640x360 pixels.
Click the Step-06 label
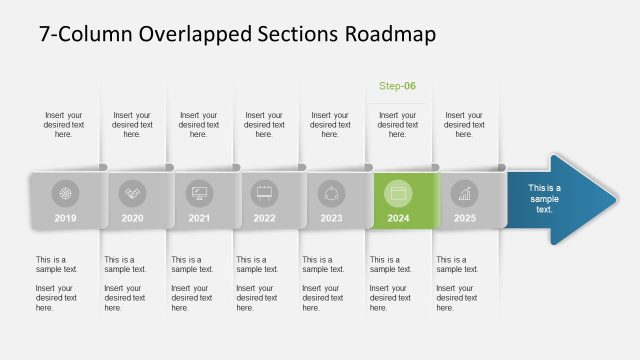click(397, 86)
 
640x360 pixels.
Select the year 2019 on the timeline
click(65, 218)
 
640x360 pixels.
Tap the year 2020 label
click(132, 218)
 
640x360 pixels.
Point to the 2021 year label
click(199, 218)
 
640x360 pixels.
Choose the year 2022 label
click(265, 218)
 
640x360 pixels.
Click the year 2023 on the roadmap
click(332, 218)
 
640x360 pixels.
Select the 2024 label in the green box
click(398, 218)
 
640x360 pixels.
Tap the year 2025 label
click(465, 218)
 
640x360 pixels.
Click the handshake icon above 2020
click(132, 192)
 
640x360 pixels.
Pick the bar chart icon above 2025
click(465, 192)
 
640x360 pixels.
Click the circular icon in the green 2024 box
click(398, 192)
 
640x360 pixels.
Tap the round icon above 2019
click(65, 192)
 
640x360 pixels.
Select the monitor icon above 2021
click(199, 192)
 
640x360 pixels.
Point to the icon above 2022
click(265, 192)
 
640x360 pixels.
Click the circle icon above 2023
click(332, 192)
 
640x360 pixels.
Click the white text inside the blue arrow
click(544, 198)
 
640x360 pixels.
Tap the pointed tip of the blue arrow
click(613, 198)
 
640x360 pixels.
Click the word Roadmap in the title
click(389, 34)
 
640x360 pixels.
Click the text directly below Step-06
click(397, 124)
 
